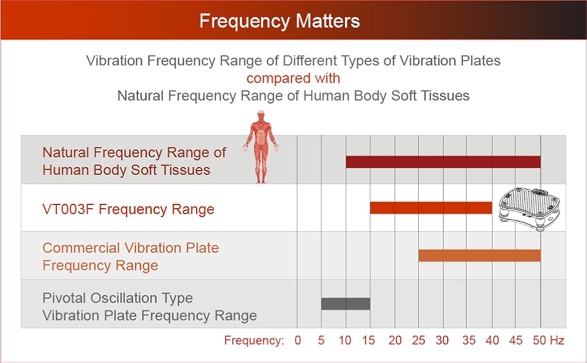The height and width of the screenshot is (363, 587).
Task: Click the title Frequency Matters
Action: tap(280, 22)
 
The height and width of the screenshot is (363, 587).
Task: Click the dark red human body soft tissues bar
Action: tap(443, 162)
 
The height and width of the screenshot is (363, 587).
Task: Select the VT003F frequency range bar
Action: tap(431, 208)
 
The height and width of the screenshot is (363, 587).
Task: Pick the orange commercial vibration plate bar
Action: tap(479, 255)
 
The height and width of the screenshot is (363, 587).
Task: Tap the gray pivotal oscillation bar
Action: tap(346, 304)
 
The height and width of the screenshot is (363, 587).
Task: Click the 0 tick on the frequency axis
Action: tap(298, 341)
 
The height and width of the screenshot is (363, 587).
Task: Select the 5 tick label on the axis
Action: tap(321, 341)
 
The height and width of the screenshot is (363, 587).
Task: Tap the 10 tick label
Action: tap(345, 341)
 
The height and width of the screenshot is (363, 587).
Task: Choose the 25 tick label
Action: tap(419, 341)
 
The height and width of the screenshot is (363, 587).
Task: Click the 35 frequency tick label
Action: tap(468, 341)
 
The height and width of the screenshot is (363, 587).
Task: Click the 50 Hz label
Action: tap(548, 341)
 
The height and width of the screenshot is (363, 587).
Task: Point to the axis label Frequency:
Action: tap(254, 341)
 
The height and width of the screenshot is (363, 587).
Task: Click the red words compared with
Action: tap(293, 79)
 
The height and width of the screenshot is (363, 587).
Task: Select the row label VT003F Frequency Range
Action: tap(128, 209)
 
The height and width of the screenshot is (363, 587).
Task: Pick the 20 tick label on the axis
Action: tap(395, 341)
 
